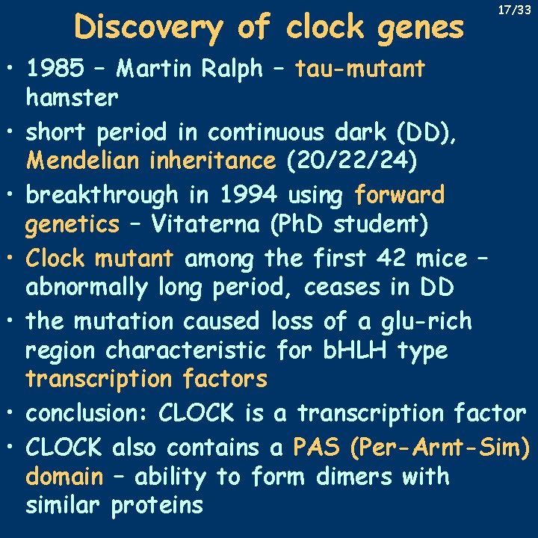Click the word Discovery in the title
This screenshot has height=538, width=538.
click(147, 28)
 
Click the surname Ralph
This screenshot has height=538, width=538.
click(232, 69)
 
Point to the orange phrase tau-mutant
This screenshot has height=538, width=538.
click(360, 69)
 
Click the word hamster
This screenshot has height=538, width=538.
click(72, 98)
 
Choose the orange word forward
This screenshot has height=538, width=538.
click(399, 195)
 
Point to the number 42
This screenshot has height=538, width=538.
click(377, 259)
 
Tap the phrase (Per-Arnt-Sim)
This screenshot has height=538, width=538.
click(440, 447)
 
